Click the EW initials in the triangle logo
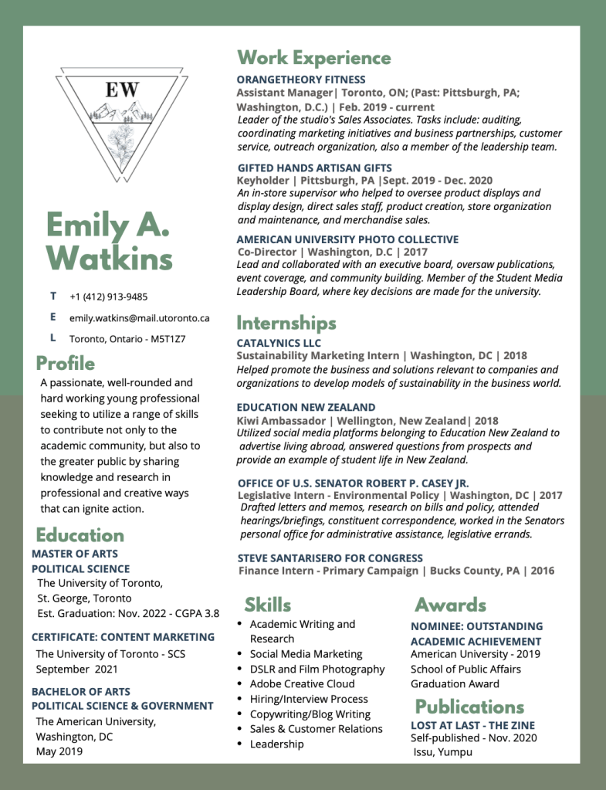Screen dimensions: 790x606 tap(122, 90)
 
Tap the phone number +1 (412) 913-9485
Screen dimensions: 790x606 tap(108, 297)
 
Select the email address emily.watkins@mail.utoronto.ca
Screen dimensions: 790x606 tap(139, 318)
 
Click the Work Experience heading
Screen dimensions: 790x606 tap(313, 58)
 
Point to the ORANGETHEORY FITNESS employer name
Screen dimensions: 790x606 tap(301, 80)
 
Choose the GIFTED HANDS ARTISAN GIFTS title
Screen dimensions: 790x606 tap(314, 168)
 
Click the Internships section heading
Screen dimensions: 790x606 tap(286, 322)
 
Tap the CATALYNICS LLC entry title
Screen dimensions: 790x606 tap(279, 343)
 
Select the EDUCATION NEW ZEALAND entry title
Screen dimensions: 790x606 tap(306, 407)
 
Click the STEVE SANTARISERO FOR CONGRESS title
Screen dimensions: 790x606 tap(330, 558)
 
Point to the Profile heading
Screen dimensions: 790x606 tap(66, 363)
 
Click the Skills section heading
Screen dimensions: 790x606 tap(268, 604)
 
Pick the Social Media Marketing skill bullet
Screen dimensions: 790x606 tap(306, 654)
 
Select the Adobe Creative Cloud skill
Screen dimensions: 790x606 tap(302, 683)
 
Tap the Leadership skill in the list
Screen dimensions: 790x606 tap(276, 744)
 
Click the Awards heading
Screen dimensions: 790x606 tap(450, 604)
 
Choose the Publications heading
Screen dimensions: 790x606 tap(469, 707)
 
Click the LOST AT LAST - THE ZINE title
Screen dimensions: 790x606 tap(472, 725)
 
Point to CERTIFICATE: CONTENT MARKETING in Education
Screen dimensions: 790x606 tap(123, 637)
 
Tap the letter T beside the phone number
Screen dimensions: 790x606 tap(53, 296)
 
